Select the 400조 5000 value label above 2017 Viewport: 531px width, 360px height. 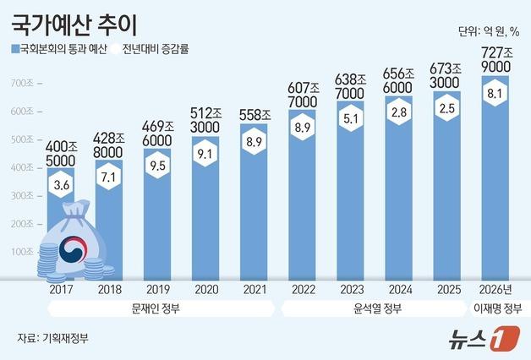[x=61, y=150]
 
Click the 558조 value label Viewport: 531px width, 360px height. [x=254, y=115]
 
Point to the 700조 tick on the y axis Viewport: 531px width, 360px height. [x=23, y=83]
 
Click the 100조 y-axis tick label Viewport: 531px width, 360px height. [x=23, y=252]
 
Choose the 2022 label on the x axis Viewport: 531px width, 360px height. [x=302, y=290]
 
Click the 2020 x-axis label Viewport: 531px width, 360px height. [x=205, y=290]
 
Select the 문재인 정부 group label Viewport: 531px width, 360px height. [x=157, y=308]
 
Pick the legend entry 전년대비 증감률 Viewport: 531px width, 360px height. [x=155, y=48]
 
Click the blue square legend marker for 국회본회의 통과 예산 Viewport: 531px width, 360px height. [x=15, y=48]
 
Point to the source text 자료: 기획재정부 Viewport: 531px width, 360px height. [x=52, y=338]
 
